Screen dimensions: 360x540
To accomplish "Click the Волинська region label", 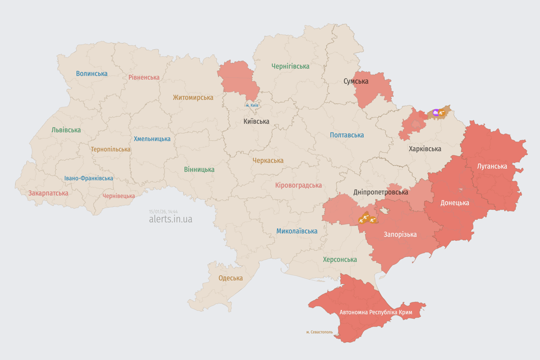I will point(91,74).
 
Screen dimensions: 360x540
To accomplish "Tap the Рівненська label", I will point(144,77).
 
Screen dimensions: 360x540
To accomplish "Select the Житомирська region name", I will point(193,97).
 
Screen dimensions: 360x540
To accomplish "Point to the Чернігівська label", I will point(290,66).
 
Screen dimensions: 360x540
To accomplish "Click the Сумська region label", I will point(356,81).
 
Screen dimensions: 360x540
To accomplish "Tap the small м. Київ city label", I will point(252,105).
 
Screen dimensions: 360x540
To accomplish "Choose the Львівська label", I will point(66,130).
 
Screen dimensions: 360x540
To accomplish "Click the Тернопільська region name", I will point(111,149).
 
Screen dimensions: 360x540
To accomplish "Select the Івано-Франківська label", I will point(89,178).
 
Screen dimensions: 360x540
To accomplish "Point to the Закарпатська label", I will point(48,193).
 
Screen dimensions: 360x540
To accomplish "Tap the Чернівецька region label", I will point(119,196).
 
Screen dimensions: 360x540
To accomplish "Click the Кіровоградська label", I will point(299,185).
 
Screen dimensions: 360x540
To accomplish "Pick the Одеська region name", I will point(231,278).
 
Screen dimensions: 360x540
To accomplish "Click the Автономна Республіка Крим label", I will point(375,312).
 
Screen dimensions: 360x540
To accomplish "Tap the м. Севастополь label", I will point(320,332).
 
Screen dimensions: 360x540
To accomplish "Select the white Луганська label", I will point(492,166).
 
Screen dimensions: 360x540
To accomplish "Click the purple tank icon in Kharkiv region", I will point(436,112).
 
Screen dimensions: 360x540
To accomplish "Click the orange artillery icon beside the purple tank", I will point(442,112).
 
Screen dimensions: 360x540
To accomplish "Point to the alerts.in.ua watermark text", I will point(171,219).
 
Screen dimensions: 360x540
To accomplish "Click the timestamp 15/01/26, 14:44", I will point(163,212).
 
